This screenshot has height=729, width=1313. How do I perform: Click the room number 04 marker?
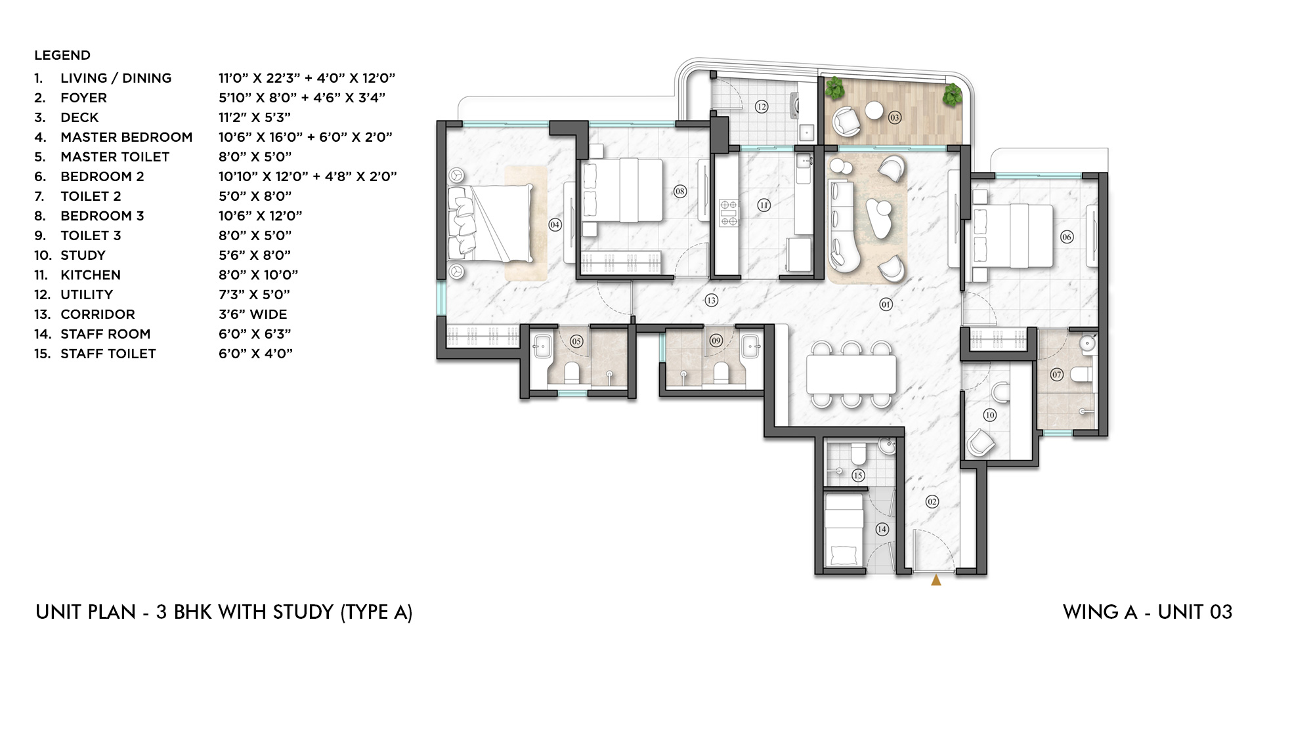[555, 225]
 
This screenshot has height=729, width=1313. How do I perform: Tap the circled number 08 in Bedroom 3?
[679, 192]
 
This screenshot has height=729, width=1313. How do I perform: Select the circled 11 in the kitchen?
[764, 205]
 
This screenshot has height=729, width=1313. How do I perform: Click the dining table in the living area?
[851, 374]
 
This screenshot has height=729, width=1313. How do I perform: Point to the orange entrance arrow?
[936, 580]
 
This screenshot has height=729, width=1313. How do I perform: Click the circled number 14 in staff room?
[882, 529]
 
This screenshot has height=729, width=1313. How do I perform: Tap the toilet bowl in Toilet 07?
[1081, 375]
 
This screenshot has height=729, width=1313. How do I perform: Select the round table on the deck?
[874, 110]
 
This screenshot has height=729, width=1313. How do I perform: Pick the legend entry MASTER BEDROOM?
[126, 137]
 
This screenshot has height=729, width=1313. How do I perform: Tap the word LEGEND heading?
[62, 55]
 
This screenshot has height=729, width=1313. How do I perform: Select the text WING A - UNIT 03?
[1147, 612]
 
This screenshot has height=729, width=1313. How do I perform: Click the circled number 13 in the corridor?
[711, 301]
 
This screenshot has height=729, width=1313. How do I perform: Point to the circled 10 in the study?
[990, 415]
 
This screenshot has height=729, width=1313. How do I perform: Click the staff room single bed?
[844, 530]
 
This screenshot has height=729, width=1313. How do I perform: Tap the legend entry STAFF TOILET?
[108, 354]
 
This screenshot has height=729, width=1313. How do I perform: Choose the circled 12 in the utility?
[761, 107]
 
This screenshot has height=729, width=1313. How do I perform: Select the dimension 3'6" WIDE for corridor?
[253, 314]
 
